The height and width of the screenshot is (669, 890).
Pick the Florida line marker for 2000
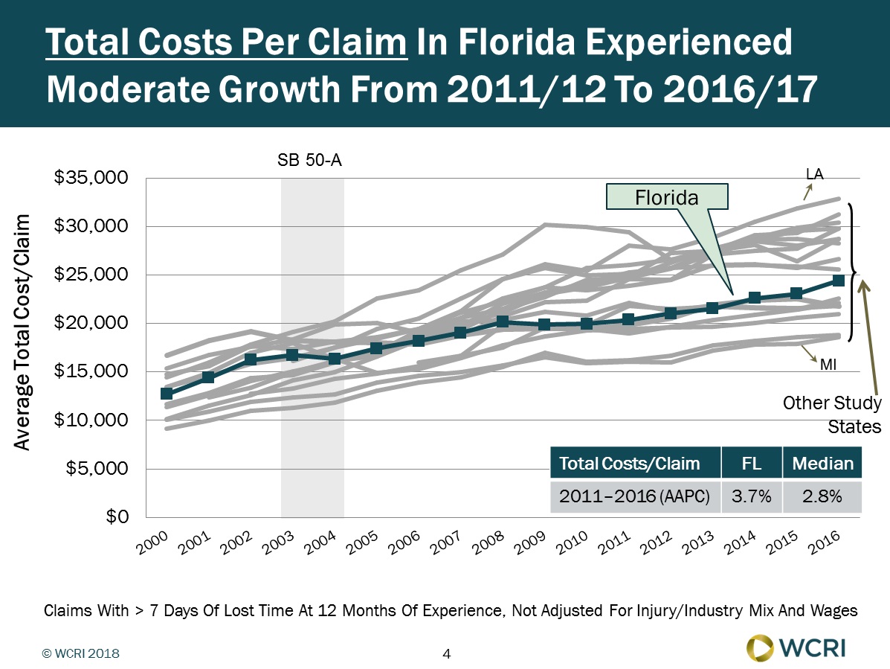click(167, 393)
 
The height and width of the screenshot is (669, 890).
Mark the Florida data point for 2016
click(838, 281)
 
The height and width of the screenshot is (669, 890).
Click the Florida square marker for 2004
click(335, 359)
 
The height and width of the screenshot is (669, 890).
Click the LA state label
click(815, 173)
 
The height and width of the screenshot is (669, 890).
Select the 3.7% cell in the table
click(751, 497)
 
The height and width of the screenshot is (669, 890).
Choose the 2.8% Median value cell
click(822, 497)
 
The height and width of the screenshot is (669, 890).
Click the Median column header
click(822, 464)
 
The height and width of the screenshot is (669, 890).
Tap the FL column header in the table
click(751, 464)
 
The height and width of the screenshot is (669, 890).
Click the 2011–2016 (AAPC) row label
click(635, 497)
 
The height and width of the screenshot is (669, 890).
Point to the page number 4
click(446, 654)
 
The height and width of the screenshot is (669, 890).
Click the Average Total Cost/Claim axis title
click(23, 333)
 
